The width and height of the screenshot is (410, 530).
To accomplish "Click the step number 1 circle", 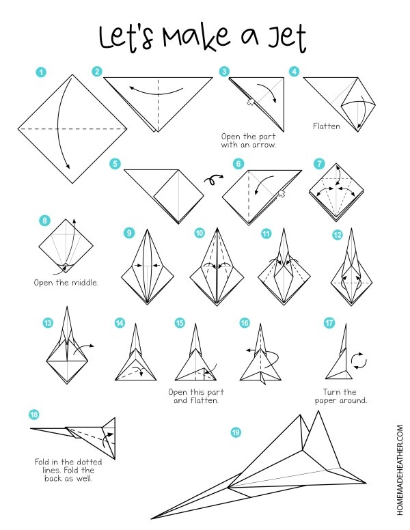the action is click(x=41, y=72).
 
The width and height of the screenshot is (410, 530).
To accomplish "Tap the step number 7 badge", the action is click(x=319, y=164).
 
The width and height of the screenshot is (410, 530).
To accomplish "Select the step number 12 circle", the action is click(x=338, y=234).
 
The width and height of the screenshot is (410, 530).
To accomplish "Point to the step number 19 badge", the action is click(x=236, y=432).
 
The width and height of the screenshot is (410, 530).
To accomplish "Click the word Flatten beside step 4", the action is click(x=327, y=126).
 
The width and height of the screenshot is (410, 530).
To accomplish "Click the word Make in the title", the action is click(x=195, y=36).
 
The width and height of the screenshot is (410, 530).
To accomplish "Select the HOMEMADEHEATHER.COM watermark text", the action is click(x=400, y=470).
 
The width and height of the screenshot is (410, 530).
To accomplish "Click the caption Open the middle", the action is click(x=66, y=283).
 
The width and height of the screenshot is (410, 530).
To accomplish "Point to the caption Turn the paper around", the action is click(x=341, y=396).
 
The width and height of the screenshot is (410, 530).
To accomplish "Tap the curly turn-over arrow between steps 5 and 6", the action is click(x=213, y=180).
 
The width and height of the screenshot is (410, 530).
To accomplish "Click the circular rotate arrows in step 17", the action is click(x=359, y=361).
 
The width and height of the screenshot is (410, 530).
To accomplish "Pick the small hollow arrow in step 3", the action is click(x=250, y=101).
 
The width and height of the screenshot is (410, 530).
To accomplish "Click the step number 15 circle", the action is click(x=180, y=323).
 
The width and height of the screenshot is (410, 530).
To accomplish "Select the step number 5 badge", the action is click(x=115, y=164).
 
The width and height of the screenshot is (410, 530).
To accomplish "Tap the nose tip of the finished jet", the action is click(x=151, y=518).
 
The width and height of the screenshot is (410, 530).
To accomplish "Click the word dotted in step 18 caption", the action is click(x=89, y=462).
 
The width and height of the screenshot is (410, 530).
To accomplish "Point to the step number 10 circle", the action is click(x=200, y=233).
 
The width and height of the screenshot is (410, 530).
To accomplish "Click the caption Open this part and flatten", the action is click(x=196, y=396).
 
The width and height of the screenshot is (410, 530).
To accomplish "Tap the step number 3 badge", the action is click(x=224, y=72).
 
